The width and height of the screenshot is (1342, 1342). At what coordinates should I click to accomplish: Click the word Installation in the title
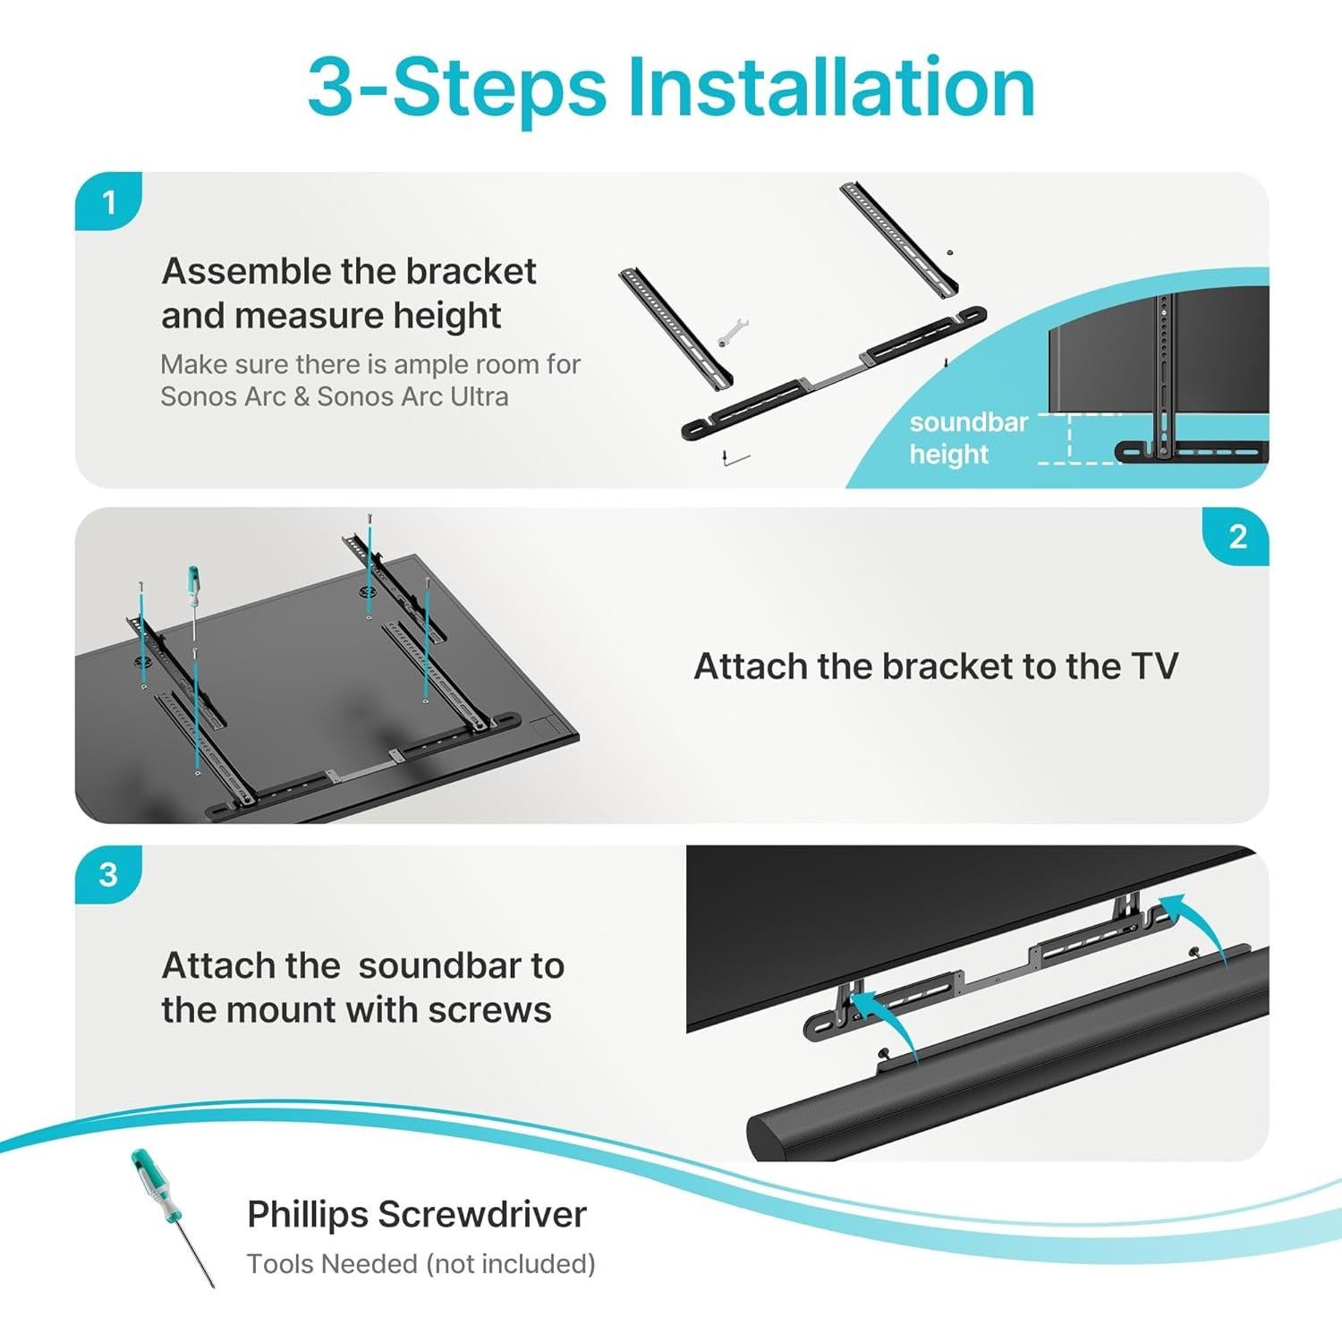[x=830, y=88]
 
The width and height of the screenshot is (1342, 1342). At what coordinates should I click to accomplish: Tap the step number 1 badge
[x=109, y=202]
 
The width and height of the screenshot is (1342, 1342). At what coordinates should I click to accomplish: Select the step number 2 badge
[x=1237, y=537]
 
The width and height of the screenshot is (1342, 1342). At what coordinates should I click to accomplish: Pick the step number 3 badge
[x=108, y=874]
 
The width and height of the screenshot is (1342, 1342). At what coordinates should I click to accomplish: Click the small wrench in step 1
[x=733, y=333]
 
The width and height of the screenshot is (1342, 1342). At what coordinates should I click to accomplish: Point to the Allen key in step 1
[x=735, y=460]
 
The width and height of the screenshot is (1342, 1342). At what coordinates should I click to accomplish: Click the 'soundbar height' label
[x=967, y=437]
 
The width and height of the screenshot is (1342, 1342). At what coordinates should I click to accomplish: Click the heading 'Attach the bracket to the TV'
[x=936, y=667]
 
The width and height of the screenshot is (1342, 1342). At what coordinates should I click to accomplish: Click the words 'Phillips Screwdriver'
[x=416, y=1215]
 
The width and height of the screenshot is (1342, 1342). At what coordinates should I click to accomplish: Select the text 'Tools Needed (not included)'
[x=420, y=1264]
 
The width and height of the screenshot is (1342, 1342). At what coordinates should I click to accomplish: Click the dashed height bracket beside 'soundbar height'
[x=1071, y=438]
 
